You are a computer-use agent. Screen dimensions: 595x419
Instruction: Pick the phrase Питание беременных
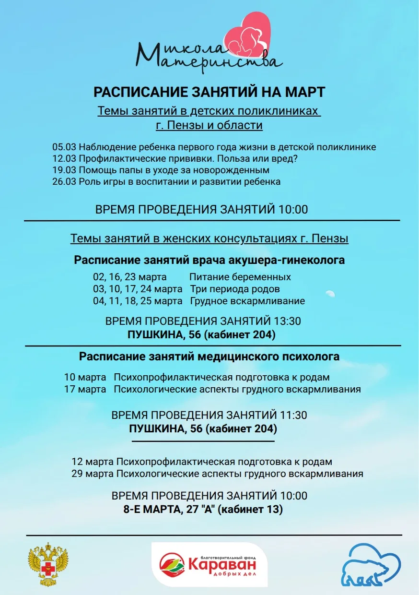tap(240, 277)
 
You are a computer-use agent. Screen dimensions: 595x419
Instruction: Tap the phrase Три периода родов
tap(235, 289)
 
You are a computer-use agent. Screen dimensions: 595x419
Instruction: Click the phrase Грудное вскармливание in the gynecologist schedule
tap(247, 301)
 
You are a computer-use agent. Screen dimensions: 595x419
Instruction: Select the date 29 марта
tap(93, 474)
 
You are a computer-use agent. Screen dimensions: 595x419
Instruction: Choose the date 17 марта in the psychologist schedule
tap(85, 389)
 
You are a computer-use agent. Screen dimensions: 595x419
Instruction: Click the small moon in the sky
tap(330, 293)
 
